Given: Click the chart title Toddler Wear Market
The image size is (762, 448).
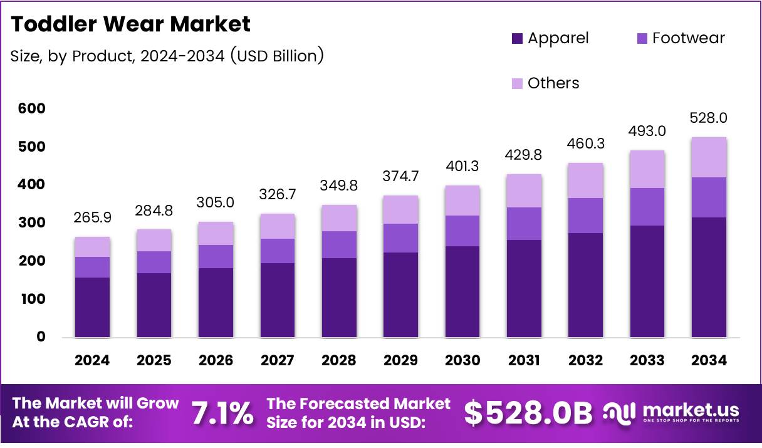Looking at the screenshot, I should (x=131, y=24).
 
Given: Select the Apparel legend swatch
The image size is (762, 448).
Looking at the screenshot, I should (x=518, y=38).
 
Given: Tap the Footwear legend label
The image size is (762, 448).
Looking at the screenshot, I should (x=688, y=38).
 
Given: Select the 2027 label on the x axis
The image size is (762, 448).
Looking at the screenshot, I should (x=278, y=360).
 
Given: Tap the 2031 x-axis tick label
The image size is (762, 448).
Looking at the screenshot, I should (x=525, y=360).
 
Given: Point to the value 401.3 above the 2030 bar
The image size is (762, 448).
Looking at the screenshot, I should (x=462, y=167).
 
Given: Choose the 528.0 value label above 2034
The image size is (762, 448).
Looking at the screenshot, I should (x=709, y=118).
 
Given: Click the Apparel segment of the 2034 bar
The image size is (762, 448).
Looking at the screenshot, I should (x=709, y=277).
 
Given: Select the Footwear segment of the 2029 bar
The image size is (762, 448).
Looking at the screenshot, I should (x=401, y=238).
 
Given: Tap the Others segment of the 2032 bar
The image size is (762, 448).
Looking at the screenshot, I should (x=586, y=180).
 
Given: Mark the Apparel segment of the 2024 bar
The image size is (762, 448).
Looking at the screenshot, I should (x=92, y=307).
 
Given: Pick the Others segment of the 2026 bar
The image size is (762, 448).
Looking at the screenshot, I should (x=216, y=233).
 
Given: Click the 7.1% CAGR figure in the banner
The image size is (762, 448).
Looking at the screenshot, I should (x=222, y=414).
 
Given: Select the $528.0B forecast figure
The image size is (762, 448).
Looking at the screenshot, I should (x=528, y=413).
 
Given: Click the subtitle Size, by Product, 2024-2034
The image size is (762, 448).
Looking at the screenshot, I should (x=167, y=56).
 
